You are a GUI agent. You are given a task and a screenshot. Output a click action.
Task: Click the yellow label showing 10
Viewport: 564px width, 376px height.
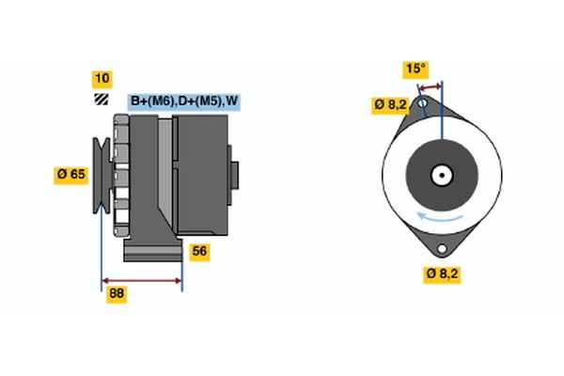click(101, 78)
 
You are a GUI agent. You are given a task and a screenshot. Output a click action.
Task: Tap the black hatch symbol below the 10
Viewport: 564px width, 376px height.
click(101, 100)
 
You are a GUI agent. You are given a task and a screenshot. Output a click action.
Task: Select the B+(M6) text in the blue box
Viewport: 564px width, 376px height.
click(151, 101)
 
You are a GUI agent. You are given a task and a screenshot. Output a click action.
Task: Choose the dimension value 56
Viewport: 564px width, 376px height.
click(199, 251)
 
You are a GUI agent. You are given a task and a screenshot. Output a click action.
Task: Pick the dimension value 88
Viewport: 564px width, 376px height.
click(117, 293)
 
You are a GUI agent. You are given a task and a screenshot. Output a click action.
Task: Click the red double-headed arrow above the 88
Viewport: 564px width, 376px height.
click(141, 280)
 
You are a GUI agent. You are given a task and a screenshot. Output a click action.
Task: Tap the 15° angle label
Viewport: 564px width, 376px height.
click(415, 69)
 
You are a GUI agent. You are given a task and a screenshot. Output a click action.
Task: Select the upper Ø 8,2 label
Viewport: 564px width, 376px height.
click(389, 104)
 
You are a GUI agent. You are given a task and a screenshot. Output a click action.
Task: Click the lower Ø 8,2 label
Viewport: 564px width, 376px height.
click(441, 274)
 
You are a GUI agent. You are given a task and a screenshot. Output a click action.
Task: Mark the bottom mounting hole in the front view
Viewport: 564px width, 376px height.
click(442, 249)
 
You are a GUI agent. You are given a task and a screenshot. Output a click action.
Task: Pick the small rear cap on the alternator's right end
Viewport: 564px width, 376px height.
click(234, 176)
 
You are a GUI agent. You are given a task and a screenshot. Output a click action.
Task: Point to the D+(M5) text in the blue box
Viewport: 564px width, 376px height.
click(196, 101)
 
